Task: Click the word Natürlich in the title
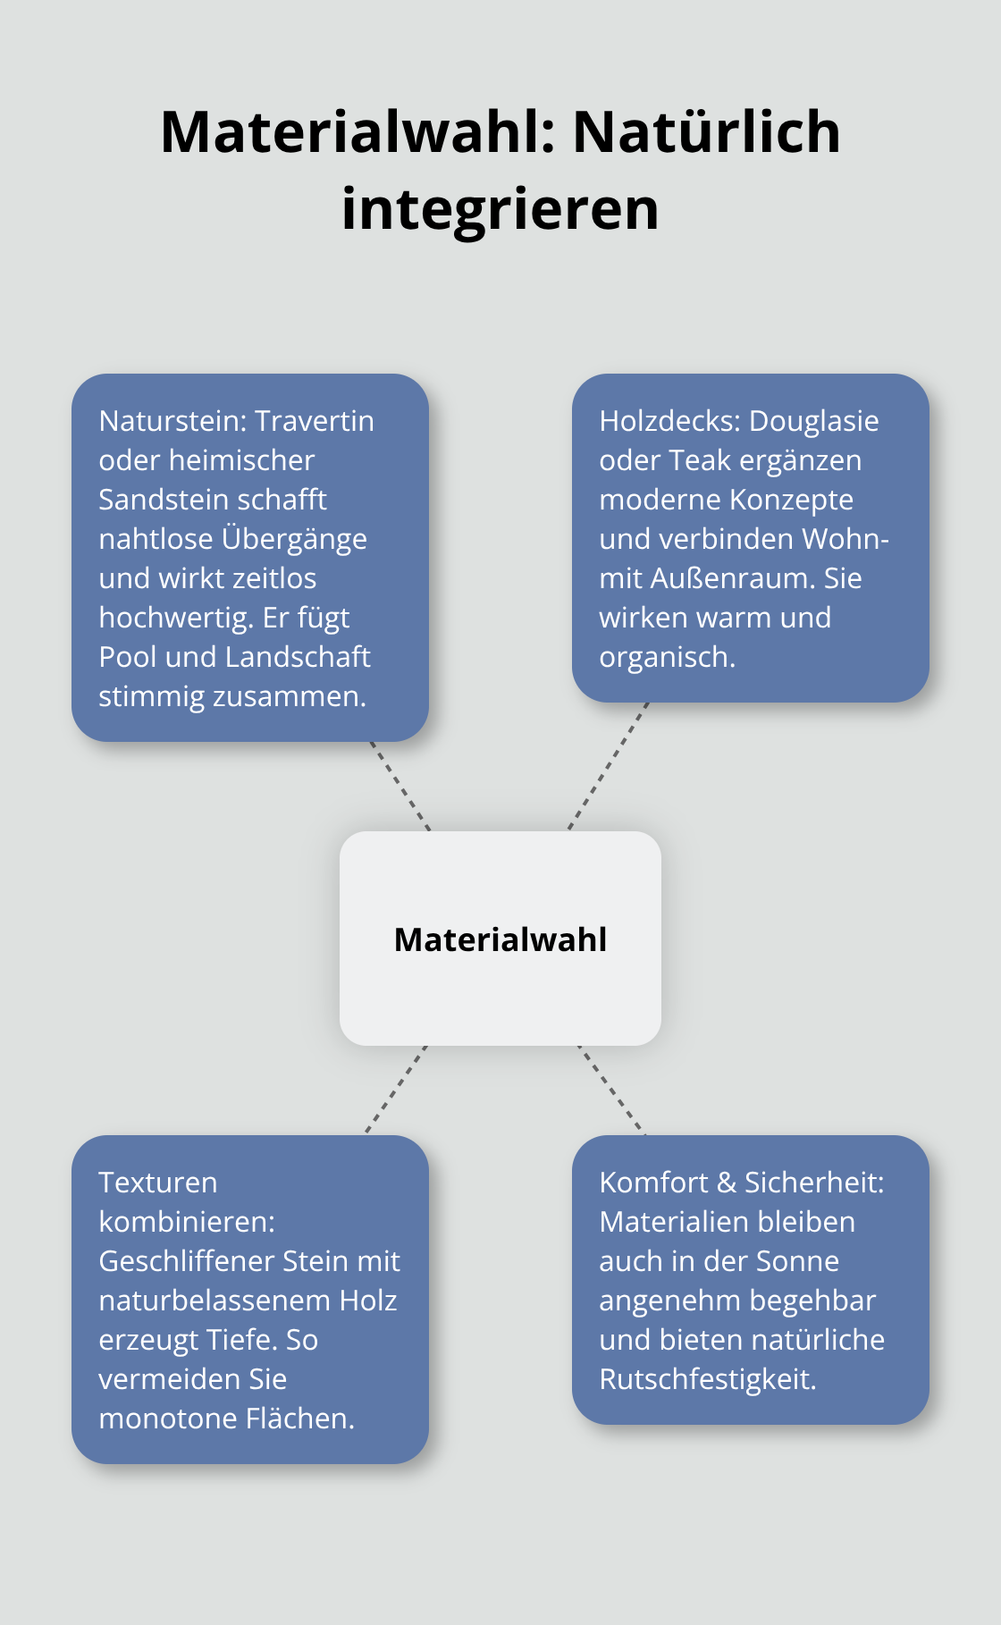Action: click(x=706, y=131)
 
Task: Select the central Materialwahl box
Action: click(x=500, y=939)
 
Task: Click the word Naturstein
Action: click(x=172, y=421)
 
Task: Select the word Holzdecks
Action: click(x=669, y=421)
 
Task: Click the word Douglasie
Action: click(x=814, y=421)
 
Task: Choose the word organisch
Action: click(x=667, y=657)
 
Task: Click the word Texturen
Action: click(x=158, y=1183)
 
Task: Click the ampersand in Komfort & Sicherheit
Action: click(x=727, y=1183)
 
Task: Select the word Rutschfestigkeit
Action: click(x=708, y=1379)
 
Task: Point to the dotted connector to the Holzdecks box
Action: click(x=608, y=767)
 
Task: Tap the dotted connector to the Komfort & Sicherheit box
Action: click(x=611, y=1090)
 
